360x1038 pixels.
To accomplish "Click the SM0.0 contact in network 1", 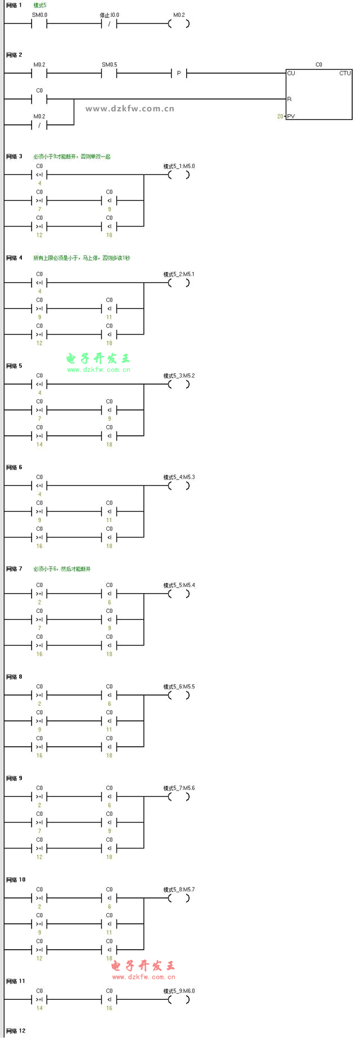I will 39,24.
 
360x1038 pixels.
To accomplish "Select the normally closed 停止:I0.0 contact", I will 109,24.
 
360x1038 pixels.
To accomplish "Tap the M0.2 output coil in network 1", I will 179,24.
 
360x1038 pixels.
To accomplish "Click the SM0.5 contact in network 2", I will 109,73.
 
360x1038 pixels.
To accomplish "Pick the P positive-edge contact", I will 179,73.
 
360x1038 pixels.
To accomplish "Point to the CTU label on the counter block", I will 344,73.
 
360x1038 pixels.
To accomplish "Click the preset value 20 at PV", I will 280,116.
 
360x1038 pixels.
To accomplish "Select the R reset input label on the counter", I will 290,99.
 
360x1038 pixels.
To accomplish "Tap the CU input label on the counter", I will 291,73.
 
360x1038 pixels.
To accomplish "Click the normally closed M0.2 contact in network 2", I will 39,125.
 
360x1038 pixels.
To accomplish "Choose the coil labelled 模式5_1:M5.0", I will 179,175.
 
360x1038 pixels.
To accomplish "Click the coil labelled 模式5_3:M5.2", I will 179,384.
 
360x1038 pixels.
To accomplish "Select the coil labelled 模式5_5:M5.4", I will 179,594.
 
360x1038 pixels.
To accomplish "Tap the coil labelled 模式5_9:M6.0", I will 179,999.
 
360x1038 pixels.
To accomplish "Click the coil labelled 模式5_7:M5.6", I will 179,797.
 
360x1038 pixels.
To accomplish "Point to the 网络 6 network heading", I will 14,467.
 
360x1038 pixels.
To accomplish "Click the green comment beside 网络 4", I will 82,258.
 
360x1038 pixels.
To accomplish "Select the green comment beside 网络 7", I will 62,569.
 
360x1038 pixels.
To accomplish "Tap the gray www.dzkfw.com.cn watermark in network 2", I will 130,109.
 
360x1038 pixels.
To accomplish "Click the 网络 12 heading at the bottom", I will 16,1031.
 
